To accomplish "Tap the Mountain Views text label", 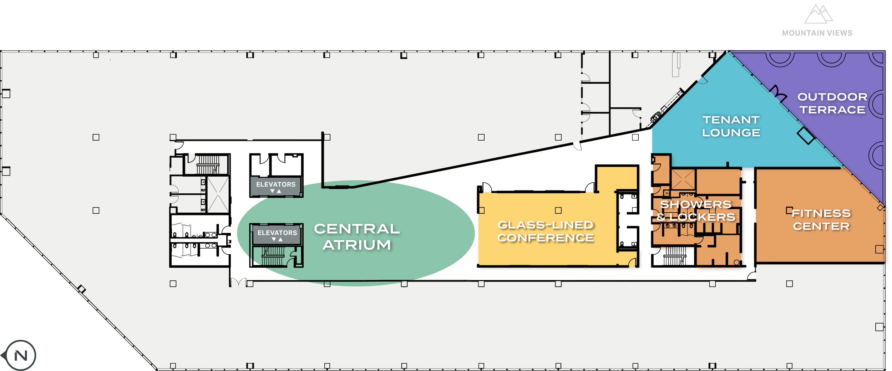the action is (x=817, y=33).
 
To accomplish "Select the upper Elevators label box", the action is (x=276, y=186).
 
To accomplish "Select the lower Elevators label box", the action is (x=277, y=234).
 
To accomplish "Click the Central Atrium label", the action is (x=357, y=237).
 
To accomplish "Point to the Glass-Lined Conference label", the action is (x=546, y=232).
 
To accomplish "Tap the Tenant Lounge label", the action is (x=731, y=126).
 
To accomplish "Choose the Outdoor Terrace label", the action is (x=832, y=103).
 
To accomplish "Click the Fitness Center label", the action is (x=821, y=220).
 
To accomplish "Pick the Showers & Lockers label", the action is (x=696, y=211).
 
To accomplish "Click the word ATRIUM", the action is (x=357, y=245).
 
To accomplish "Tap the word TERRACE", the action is (x=832, y=110).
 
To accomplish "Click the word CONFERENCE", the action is (x=546, y=238).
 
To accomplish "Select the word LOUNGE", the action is (x=731, y=133).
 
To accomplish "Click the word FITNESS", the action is (x=821, y=213).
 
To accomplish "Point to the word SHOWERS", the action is (x=696, y=204).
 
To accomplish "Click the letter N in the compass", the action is (x=21, y=356).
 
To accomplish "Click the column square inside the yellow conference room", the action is (x=558, y=210).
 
